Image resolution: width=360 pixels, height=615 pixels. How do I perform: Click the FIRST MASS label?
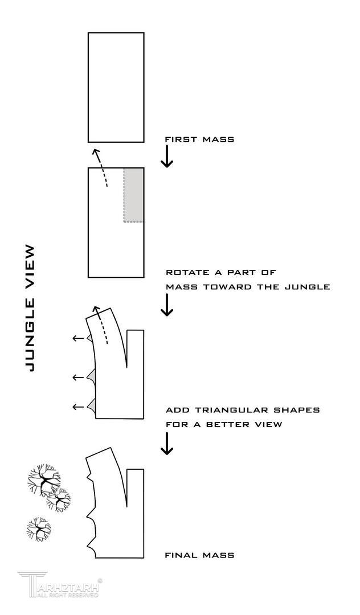(199, 139)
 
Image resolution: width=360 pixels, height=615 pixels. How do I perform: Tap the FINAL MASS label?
(199, 555)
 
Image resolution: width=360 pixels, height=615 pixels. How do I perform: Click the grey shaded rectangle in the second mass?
(134, 195)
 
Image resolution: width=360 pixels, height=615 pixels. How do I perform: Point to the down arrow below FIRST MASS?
(166, 156)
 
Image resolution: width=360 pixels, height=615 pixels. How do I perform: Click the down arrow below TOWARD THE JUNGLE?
(166, 305)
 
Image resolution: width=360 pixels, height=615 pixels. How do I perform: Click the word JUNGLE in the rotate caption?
(306, 287)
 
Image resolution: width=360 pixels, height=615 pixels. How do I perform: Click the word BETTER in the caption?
(230, 425)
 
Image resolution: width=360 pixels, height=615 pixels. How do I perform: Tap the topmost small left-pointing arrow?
(78, 339)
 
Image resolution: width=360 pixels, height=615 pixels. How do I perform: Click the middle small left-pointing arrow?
(78, 377)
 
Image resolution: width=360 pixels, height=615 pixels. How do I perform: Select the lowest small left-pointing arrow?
(78, 407)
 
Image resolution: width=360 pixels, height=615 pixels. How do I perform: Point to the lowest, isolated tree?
(39, 529)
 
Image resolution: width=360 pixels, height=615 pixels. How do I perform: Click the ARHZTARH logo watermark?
(60, 585)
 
